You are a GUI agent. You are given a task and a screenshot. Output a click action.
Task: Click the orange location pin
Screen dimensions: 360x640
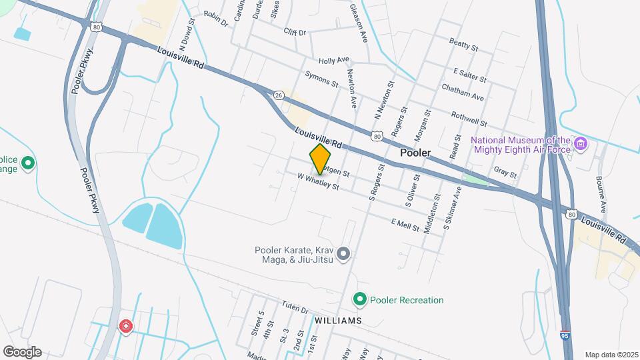tap(321, 159)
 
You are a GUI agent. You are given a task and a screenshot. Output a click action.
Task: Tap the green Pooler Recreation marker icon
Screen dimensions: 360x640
tap(361, 300)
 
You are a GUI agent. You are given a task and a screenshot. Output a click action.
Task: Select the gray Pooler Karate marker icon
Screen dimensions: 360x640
tap(343, 253)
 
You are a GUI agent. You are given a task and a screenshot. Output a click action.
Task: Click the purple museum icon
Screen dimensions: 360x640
tap(581, 143)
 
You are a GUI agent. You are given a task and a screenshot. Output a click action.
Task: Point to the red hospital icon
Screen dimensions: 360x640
tap(125, 326)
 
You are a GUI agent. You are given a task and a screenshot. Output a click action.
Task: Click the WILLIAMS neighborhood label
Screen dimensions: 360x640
tap(339, 321)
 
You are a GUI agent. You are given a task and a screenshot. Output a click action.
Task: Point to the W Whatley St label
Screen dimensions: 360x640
tap(319, 182)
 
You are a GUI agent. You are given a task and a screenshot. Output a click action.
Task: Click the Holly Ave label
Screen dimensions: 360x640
tap(334, 60)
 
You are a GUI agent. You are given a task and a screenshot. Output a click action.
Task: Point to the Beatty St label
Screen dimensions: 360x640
tap(464, 46)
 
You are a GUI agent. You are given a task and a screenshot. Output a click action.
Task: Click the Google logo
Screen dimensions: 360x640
tap(22, 352)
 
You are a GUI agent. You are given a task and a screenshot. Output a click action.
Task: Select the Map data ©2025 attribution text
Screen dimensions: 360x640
tap(611, 355)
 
